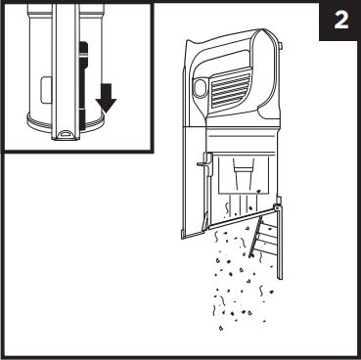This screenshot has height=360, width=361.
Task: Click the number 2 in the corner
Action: click(341, 22)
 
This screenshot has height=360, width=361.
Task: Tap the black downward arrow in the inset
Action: click(106, 98)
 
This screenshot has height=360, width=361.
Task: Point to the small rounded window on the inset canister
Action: click(45, 90)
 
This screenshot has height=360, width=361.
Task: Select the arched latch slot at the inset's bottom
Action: click(66, 133)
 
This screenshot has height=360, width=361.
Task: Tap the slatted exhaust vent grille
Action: click(230, 89)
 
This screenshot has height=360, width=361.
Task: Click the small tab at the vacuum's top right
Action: click(281, 47)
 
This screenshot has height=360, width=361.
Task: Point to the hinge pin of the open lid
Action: click(277, 206)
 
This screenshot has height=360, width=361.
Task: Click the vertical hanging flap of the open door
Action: click(280, 244)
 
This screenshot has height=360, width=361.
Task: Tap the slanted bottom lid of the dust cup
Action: click(241, 218)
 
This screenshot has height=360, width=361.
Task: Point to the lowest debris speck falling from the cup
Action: click(221, 328)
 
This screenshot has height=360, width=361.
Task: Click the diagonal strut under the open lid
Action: click(255, 237)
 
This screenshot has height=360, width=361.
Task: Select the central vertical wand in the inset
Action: click(66, 71)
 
